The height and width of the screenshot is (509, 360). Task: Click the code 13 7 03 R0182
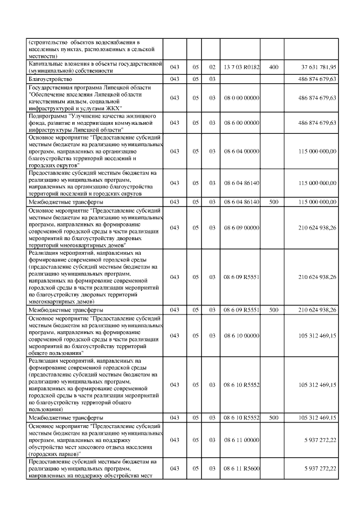[x=241, y=67]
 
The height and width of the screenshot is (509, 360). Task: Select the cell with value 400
[x=274, y=67]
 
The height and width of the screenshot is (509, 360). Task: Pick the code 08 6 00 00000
[x=241, y=122]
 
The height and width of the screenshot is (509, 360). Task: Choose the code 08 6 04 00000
[x=241, y=151]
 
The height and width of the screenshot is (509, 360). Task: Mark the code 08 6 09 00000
[x=241, y=227]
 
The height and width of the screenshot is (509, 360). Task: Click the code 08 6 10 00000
[x=241, y=335]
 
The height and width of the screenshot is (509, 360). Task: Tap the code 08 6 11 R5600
[x=241, y=469]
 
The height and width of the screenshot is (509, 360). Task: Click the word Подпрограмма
[x=47, y=115]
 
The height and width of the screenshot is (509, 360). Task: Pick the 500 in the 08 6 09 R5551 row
[x=274, y=309]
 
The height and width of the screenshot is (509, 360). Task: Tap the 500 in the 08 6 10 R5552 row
[x=274, y=418]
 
